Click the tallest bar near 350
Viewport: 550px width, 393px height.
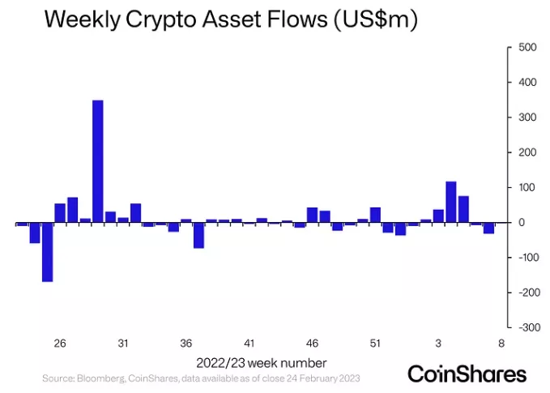(x=98, y=161)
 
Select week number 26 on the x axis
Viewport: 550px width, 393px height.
(x=60, y=343)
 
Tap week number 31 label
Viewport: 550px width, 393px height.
(x=123, y=343)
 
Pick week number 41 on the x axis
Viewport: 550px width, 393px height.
(x=249, y=343)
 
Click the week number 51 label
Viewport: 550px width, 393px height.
(x=376, y=343)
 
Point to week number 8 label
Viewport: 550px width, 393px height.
(x=501, y=343)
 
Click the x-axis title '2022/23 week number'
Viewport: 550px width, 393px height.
(x=262, y=361)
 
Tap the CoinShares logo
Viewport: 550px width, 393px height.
(x=467, y=374)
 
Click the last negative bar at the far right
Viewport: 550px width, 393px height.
(x=489, y=228)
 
